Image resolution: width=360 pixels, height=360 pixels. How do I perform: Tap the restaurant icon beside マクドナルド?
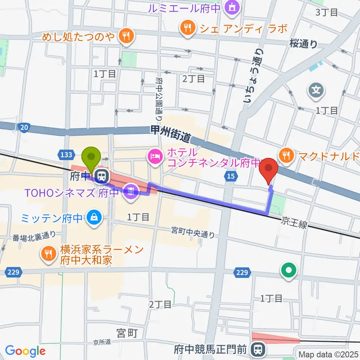tap(287, 155)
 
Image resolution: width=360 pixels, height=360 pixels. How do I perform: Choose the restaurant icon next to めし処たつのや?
tap(124, 36)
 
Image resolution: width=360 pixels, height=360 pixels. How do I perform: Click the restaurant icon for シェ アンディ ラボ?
tap(186, 28)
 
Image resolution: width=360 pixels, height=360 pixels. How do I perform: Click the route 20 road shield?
tap(24, 128)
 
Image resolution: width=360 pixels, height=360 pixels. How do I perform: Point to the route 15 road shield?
tap(229, 175)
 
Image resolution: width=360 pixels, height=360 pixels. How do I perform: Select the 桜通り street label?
tap(303, 44)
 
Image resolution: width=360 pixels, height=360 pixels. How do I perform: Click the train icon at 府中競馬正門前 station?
tap(257, 349)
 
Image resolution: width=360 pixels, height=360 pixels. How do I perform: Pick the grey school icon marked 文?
tap(315, 90)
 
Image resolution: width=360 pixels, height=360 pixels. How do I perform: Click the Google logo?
tap(25, 351)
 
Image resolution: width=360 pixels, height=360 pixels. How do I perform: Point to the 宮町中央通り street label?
tap(193, 232)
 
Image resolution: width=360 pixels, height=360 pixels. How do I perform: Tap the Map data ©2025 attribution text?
tap(328, 354)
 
